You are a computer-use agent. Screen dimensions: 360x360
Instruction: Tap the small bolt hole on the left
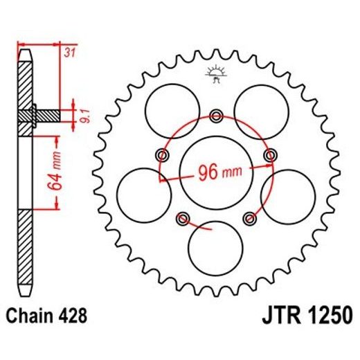point(163,154)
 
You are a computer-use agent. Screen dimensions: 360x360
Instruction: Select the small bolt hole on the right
point(269,154)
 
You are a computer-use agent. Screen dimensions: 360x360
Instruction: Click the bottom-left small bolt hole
point(183,219)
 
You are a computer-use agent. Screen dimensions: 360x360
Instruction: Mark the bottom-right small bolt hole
point(250,219)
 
